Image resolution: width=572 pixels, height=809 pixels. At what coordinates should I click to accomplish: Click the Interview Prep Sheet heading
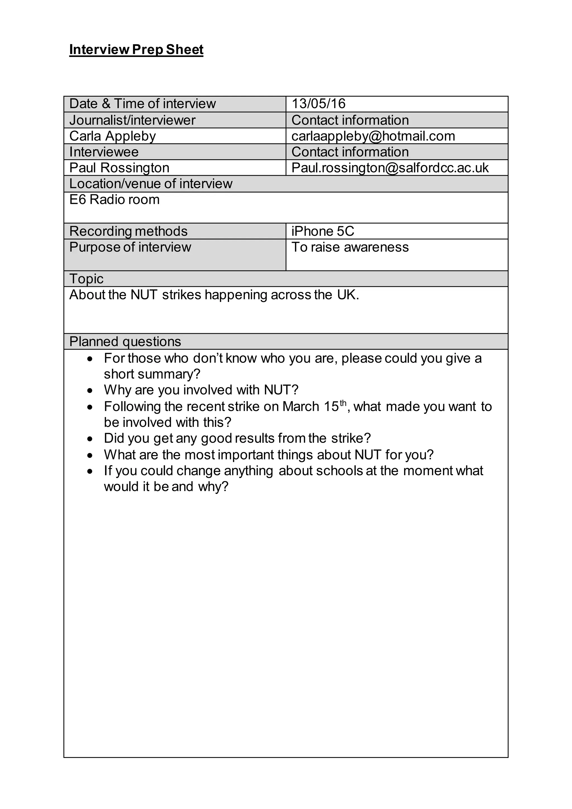[x=136, y=50]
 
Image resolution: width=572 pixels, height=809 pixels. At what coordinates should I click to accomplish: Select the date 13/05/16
[x=318, y=104]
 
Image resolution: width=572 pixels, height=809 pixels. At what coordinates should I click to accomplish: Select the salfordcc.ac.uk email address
[x=390, y=168]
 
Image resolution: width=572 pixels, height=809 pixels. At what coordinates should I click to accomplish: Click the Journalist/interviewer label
[x=132, y=120]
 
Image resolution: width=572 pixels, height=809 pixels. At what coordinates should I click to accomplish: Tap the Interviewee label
[x=104, y=152]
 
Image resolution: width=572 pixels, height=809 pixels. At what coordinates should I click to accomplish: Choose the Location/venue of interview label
[x=151, y=184]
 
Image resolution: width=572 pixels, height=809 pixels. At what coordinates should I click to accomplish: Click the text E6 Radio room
[x=115, y=200]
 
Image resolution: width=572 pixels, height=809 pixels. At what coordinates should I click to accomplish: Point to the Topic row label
[x=86, y=279]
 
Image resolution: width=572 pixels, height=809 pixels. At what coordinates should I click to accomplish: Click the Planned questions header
[x=125, y=342]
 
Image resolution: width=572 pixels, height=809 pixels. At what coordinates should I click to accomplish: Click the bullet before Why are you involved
[x=90, y=391]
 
